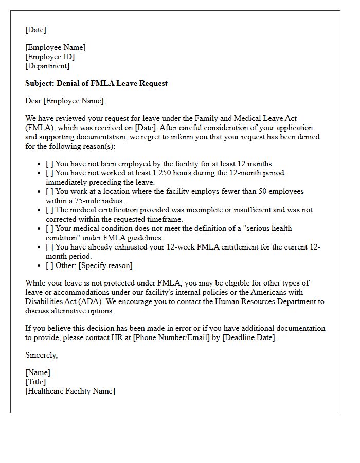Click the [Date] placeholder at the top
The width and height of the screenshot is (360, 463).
(35, 30)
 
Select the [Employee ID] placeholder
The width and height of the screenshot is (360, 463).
(50, 57)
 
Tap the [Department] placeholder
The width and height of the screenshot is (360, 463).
(47, 66)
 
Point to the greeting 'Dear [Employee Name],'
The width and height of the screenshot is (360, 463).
(65, 101)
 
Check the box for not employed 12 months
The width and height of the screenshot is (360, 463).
(49, 164)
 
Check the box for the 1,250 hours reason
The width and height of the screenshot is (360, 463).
(49, 173)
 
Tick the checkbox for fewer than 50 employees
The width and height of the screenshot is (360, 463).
(49, 192)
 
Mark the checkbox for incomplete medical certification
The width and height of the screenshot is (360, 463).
(49, 210)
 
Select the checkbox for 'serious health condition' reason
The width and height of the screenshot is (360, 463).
(49, 229)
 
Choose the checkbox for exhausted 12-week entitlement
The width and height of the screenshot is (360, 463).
(49, 247)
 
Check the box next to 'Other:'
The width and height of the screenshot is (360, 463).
(49, 266)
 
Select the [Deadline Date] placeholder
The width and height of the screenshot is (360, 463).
(249, 338)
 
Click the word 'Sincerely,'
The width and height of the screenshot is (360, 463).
(41, 355)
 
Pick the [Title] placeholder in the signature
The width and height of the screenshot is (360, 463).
(35, 382)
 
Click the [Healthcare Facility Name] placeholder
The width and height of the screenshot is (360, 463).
(70, 391)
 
